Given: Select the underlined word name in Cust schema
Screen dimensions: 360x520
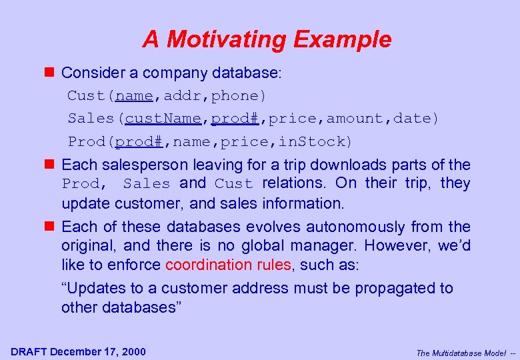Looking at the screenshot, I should pyautogui.click(x=134, y=96).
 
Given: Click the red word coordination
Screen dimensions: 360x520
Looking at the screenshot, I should pyautogui.click(x=207, y=265).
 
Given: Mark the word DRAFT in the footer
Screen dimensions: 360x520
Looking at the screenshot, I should pyautogui.click(x=29, y=352).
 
